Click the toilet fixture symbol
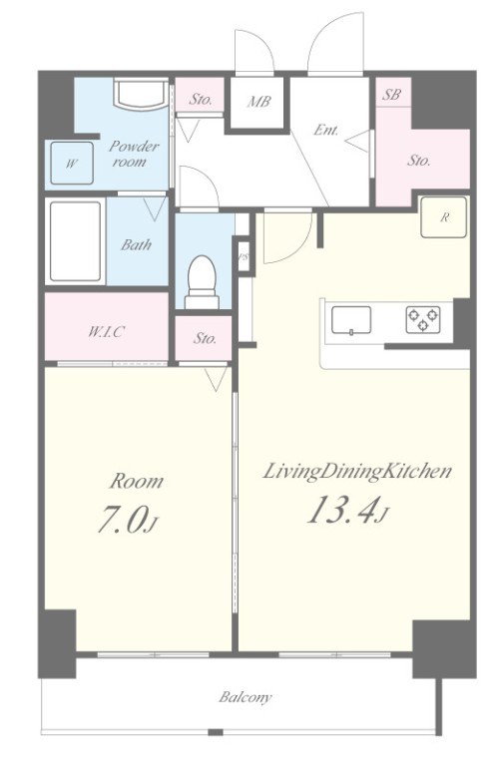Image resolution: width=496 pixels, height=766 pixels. pyautogui.click(x=203, y=282)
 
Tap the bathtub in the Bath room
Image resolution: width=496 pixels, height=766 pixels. pyautogui.click(x=75, y=241)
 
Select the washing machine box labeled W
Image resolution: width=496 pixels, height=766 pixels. pyautogui.click(x=72, y=164)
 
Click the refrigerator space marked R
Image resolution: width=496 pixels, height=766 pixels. pyautogui.click(x=444, y=217)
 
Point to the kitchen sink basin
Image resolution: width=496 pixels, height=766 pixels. pyautogui.click(x=351, y=320)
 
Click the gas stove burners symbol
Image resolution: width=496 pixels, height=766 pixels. pyautogui.click(x=423, y=320)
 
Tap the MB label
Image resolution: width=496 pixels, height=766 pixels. pyautogui.click(x=259, y=102)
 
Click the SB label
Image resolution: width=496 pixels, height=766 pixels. pyautogui.click(x=391, y=95)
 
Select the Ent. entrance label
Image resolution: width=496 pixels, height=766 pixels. pyautogui.click(x=326, y=130)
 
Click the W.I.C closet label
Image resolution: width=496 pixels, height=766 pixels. pyautogui.click(x=106, y=332)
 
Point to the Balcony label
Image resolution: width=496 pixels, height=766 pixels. pyautogui.click(x=245, y=697)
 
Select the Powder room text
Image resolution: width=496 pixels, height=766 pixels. pyautogui.click(x=132, y=154)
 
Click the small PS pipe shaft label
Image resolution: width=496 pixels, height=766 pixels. pyautogui.click(x=243, y=258)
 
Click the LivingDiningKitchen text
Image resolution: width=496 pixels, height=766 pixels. pyautogui.click(x=357, y=473)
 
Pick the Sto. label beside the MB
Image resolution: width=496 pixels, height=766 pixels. pyautogui.click(x=201, y=100)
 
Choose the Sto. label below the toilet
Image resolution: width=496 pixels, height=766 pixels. pyautogui.click(x=206, y=338)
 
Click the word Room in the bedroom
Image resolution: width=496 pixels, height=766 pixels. pyautogui.click(x=137, y=481)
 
